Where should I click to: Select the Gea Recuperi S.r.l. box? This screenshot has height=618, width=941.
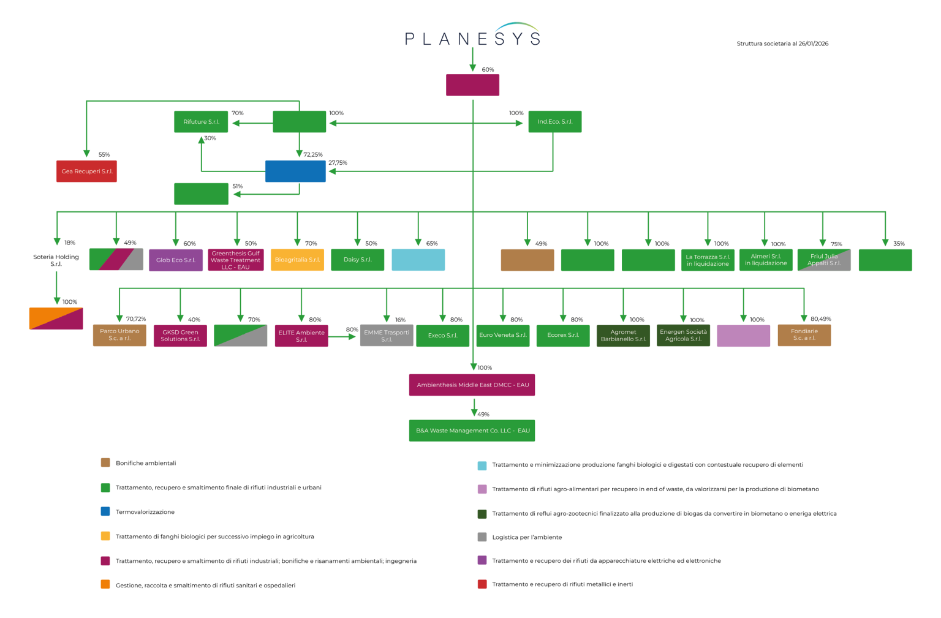(x=86, y=171)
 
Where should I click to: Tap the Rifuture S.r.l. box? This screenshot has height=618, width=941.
(x=201, y=122)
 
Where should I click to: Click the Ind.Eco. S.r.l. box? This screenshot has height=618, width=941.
(x=554, y=122)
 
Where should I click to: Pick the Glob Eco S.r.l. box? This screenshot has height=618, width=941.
(x=175, y=260)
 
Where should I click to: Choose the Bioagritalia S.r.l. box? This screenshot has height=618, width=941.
(x=297, y=260)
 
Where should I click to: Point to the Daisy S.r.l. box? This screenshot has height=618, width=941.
(x=357, y=260)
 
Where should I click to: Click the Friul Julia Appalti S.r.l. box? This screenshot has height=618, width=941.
(x=823, y=260)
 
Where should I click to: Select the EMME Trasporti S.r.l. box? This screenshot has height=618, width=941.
(x=386, y=336)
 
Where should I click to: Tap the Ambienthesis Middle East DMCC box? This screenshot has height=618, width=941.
(x=472, y=385)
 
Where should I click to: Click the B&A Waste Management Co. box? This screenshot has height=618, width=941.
(x=472, y=431)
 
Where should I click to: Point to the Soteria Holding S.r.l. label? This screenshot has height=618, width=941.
(x=56, y=260)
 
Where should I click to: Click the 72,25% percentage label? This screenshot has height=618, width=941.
(x=312, y=155)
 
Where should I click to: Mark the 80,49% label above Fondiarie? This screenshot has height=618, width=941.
(x=820, y=319)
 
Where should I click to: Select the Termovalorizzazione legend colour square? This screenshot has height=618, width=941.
(x=105, y=511)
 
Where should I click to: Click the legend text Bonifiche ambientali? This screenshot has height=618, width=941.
(x=146, y=463)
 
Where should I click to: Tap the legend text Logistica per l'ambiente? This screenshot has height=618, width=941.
(x=527, y=537)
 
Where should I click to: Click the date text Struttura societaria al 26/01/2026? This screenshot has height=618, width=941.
(x=782, y=43)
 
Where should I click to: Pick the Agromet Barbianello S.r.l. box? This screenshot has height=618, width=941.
(x=623, y=336)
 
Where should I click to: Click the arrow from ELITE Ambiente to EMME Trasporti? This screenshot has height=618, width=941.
(x=344, y=336)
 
